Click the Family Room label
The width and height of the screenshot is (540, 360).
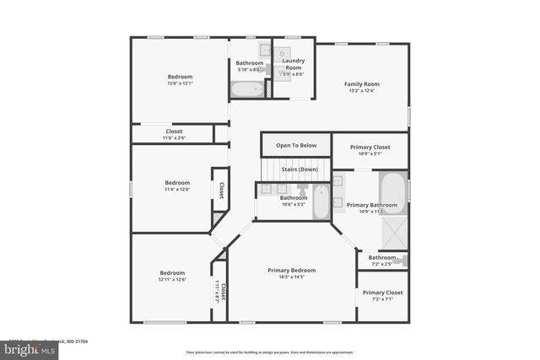pyautogui.click(x=360, y=83)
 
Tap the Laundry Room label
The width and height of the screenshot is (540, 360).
pyautogui.click(x=293, y=62)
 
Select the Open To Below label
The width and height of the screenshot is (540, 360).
pyautogui.click(x=296, y=145)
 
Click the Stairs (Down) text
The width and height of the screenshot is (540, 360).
pyautogui.click(x=299, y=169)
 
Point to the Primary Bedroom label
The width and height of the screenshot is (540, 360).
pyautogui.click(x=291, y=270)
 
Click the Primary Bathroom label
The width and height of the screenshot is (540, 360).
pyautogui.click(x=371, y=205)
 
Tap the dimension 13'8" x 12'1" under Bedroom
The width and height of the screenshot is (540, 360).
pyautogui.click(x=181, y=83)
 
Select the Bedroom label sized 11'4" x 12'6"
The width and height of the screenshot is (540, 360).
pyautogui.click(x=177, y=183)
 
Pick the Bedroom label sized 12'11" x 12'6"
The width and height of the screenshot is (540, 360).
pyautogui.click(x=172, y=272)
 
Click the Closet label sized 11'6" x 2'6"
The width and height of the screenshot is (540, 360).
pyautogui.click(x=174, y=132)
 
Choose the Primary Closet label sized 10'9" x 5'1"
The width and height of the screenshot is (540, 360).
pyautogui.click(x=370, y=147)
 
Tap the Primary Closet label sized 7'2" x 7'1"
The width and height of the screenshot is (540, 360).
pyautogui.click(x=382, y=293)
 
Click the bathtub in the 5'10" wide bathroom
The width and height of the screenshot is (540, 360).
pyautogui.click(x=248, y=89)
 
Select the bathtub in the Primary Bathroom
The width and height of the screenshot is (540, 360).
pyautogui.click(x=392, y=192)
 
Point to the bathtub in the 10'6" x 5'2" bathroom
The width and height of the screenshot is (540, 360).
pyautogui.click(x=321, y=201)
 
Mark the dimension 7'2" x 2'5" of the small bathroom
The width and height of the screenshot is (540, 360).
pyautogui.click(x=382, y=264)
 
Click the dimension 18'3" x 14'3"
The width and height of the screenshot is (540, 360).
pyautogui.click(x=291, y=277)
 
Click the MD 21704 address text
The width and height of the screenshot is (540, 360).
pyautogui.click(x=74, y=341)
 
